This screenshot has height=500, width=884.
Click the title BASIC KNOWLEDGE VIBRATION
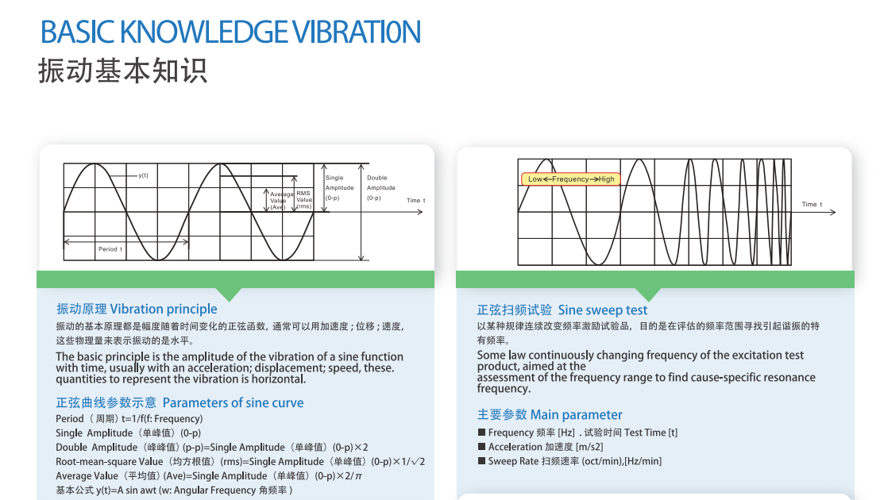pos(230,32)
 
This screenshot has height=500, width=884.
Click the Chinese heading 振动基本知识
pos(122,71)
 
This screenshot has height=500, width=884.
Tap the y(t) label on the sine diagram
pos(143,175)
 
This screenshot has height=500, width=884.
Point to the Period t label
pos(110,249)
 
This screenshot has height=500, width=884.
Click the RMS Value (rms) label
pos(304,199)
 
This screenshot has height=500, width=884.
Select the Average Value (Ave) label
pos(281,201)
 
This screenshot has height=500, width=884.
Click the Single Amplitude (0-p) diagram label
pos(334,188)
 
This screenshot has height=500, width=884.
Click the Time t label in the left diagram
pos(415,200)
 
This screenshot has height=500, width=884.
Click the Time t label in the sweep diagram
pos(812,204)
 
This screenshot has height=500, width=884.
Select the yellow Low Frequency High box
pos(571,179)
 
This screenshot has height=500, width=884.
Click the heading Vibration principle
pos(163,309)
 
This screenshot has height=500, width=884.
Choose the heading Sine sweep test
pos(602,310)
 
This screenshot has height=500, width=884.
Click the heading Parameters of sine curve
pos(233,402)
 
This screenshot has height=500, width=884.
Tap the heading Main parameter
pos(576,414)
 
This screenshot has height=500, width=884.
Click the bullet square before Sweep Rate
pos(481,461)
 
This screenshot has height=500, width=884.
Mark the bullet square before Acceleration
pos(481,447)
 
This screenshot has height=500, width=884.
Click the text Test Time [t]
pos(650,433)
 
